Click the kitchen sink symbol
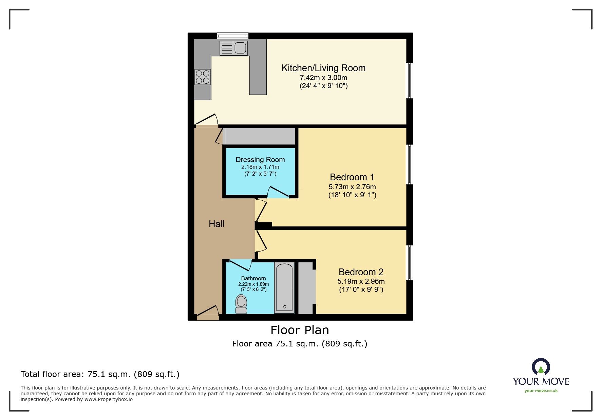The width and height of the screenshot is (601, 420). [233, 48]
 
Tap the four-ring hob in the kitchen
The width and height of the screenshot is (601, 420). [202, 77]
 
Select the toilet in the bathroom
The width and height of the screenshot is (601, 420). [241, 304]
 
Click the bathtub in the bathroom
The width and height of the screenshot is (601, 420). [284, 287]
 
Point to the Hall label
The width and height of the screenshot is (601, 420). [217, 224]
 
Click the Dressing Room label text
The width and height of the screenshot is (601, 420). [260, 160]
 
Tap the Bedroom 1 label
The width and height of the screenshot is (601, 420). [352, 177]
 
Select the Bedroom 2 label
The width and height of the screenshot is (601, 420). [361, 272]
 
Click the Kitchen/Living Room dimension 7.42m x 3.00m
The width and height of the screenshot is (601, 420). [323, 78]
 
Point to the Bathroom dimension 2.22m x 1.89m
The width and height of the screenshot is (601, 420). [253, 284]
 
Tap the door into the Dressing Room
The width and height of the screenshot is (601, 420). [278, 193]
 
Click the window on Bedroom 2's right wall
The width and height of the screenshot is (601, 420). [410, 263]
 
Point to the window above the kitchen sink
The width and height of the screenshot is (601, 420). [233, 35]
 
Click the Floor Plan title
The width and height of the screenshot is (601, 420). [300, 330]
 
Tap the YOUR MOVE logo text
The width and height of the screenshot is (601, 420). [541, 381]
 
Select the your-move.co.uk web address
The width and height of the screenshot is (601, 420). [541, 391]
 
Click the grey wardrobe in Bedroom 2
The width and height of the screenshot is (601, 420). [306, 287]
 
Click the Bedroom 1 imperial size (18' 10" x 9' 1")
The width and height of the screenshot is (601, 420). [352, 195]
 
